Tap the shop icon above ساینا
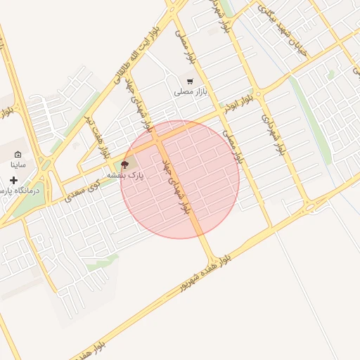pyautogui.click(x=18, y=155)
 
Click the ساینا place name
pyautogui.click(x=18, y=165)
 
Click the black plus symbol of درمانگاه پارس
pyautogui.click(x=13, y=181)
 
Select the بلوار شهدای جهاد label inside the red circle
pyautogui.click(x=176, y=186)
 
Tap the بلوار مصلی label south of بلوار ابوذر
pyautogui.click(x=232, y=145)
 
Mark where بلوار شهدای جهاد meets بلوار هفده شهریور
pyautogui.click(x=211, y=258)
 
